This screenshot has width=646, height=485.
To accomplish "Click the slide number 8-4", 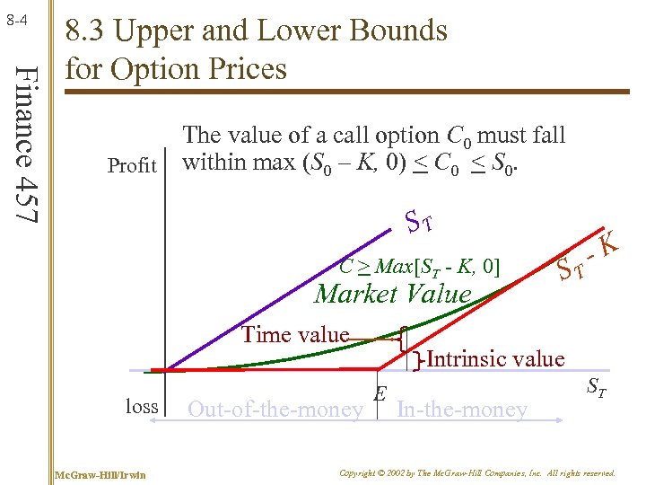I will (x=18, y=17).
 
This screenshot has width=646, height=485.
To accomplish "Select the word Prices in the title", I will (x=244, y=68).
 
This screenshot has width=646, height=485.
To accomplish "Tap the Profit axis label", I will (x=132, y=165).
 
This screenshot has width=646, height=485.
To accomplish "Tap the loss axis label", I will (x=141, y=406).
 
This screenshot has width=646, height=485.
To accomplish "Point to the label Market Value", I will (x=393, y=294).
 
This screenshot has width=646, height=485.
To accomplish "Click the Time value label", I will (x=294, y=335).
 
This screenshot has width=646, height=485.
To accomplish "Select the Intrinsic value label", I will (x=494, y=359).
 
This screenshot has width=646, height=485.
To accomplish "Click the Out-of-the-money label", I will (x=275, y=410).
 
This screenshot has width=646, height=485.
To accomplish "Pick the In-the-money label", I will (x=461, y=410).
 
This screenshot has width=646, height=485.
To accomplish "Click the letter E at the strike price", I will (x=380, y=394).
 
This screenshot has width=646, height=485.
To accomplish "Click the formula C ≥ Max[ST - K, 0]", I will (x=419, y=267).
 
